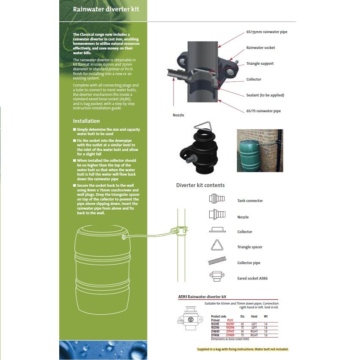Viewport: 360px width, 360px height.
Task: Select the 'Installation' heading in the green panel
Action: (x=86, y=121)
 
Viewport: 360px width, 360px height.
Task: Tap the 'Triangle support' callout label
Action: (x=260, y=64)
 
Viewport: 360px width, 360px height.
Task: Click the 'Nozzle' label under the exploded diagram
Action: (x=178, y=115)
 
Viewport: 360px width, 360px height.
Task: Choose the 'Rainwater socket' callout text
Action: (x=260, y=48)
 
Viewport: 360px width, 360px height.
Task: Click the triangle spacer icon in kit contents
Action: (x=217, y=246)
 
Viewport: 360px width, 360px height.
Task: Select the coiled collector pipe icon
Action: (x=217, y=262)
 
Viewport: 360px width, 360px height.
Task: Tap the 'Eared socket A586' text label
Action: (x=252, y=278)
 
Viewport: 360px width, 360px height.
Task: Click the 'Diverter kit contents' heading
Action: (x=200, y=185)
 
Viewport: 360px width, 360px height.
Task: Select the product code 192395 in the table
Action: (x=215, y=324)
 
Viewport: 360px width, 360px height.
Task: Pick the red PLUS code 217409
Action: (x=230, y=335)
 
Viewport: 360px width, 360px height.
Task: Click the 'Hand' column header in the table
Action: (x=254, y=316)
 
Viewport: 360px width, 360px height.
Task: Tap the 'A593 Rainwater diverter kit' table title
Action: (x=202, y=297)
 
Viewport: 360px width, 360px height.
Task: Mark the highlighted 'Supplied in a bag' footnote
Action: (x=242, y=349)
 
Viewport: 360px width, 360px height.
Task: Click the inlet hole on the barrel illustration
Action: (x=124, y=238)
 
